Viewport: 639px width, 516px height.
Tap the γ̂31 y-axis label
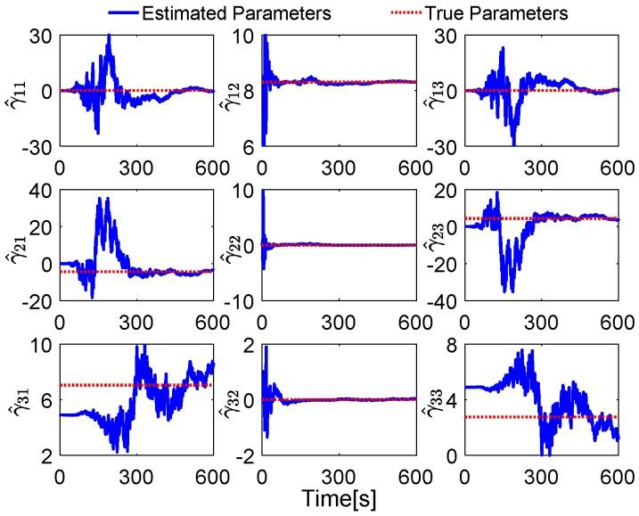17,397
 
